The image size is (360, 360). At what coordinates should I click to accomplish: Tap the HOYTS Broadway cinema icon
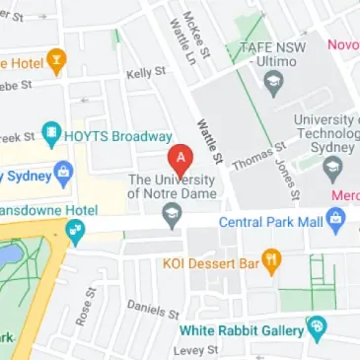(49, 133)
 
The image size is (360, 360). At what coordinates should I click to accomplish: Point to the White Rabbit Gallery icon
(316, 326)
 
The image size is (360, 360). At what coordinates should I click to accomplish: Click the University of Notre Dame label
(171, 186)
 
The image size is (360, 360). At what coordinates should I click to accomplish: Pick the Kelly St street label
(145, 73)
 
